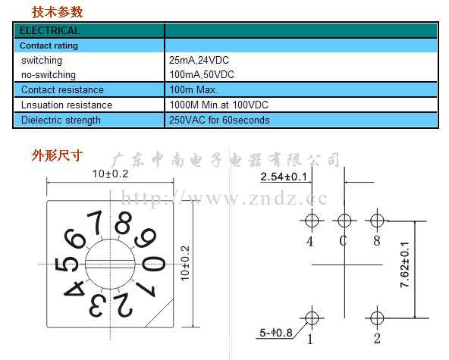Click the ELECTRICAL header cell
(49, 30)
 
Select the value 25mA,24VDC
(199, 60)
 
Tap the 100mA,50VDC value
(202, 75)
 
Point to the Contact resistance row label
(62, 90)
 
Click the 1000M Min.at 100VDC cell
(218, 105)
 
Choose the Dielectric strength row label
(61, 121)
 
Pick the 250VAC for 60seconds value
(219, 120)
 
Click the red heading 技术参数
(58, 12)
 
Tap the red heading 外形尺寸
(57, 155)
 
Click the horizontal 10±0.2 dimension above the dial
(110, 174)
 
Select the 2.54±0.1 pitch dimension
(284, 177)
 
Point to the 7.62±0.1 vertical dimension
(404, 265)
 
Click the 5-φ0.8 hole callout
(276, 333)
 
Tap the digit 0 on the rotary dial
(154, 264)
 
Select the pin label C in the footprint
(343, 241)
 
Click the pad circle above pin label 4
(312, 221)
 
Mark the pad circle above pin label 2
(377, 318)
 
